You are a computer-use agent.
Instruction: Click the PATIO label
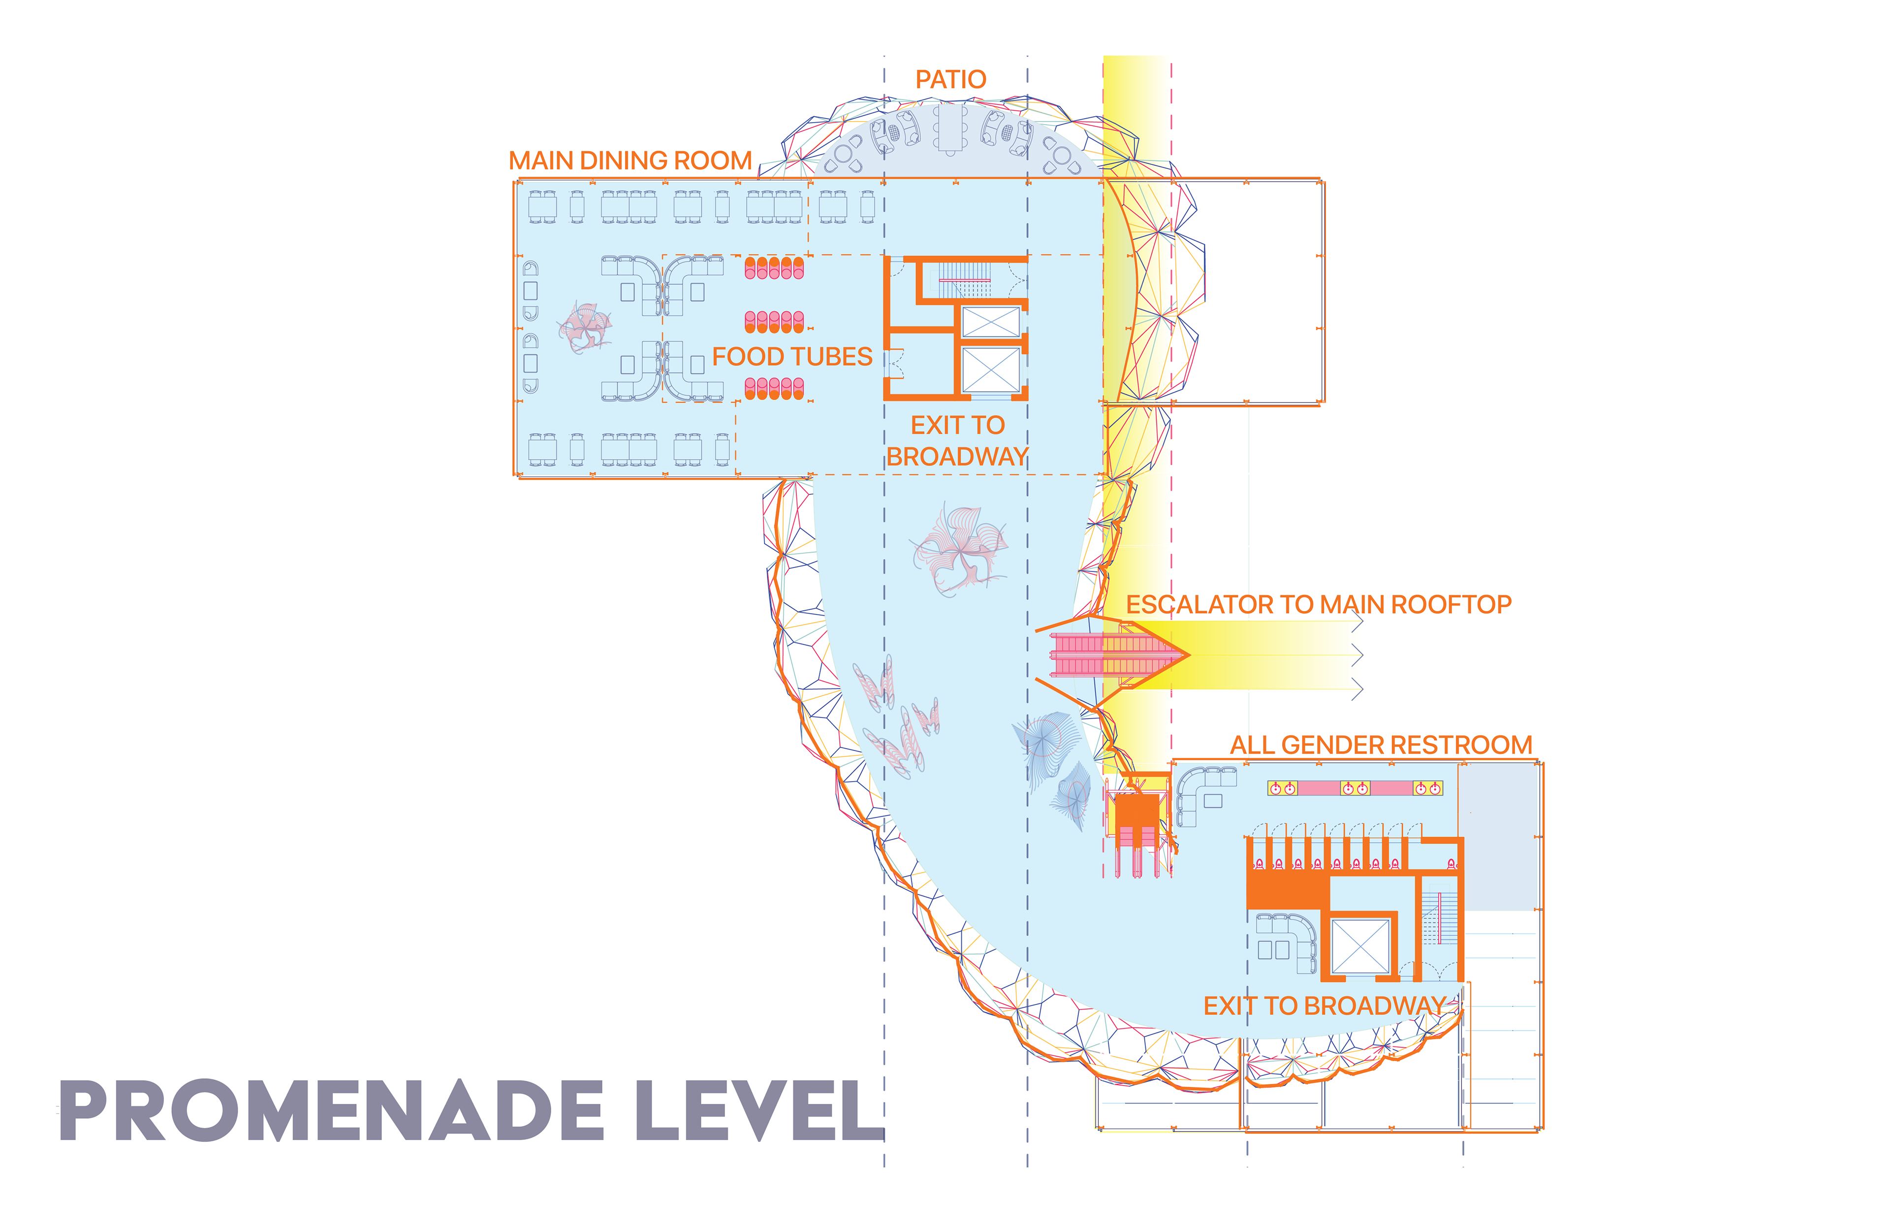tap(950, 79)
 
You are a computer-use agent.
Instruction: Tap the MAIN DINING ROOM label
tap(630, 160)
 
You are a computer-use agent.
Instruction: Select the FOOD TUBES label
tap(792, 357)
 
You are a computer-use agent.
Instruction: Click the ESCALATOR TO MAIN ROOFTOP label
tap(1318, 604)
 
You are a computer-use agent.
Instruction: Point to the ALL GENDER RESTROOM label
tap(1380, 745)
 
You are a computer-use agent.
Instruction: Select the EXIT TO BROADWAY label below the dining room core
tap(957, 441)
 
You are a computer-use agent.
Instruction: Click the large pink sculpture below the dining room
tap(959, 548)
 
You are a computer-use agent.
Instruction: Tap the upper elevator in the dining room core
tap(990, 322)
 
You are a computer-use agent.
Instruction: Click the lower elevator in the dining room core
tap(990, 369)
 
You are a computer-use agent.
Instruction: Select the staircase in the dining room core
tap(965, 280)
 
